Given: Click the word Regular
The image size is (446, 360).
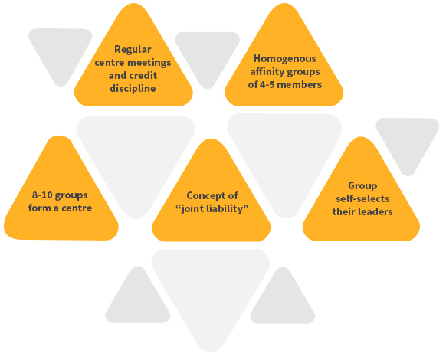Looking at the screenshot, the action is pyautogui.click(x=133, y=50).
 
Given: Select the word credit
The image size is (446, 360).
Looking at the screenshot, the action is pyautogui.click(x=145, y=75).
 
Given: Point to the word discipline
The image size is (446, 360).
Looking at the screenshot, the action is pyautogui.click(x=133, y=88).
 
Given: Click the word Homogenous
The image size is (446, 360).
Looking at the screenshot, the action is pyautogui.click(x=285, y=58).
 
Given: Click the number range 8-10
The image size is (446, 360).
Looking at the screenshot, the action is pyautogui.click(x=42, y=195).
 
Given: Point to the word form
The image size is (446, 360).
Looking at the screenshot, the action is pyautogui.click(x=40, y=208).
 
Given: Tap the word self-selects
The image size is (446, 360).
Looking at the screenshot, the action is pyautogui.click(x=362, y=198).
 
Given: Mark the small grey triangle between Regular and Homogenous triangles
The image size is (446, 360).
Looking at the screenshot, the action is pyautogui.click(x=208, y=58).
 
